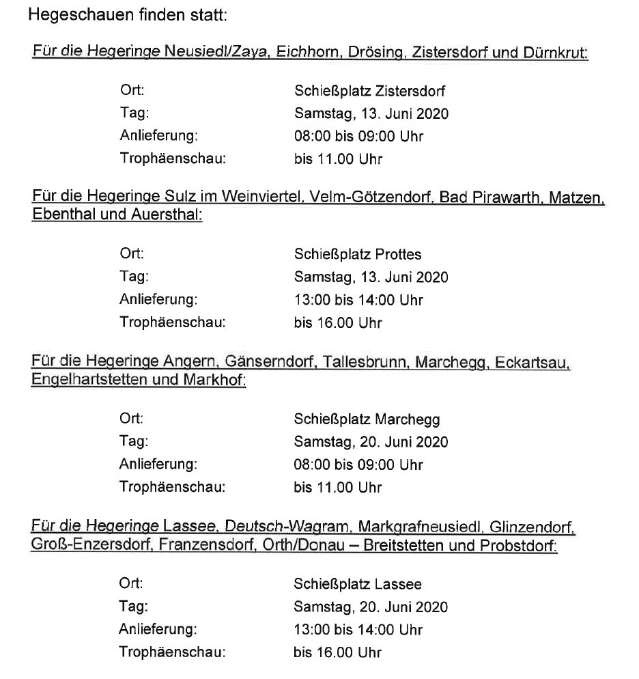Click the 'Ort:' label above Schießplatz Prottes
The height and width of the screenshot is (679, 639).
tap(132, 255)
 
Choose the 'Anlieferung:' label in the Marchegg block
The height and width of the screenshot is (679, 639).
tap(158, 465)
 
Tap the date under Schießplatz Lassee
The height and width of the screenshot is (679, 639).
tap(371, 607)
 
